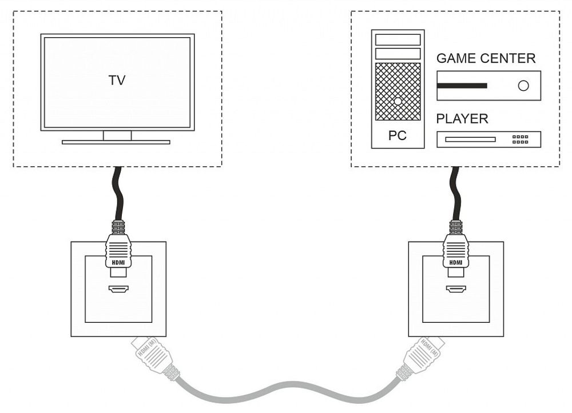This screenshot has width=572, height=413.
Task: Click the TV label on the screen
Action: [117, 81]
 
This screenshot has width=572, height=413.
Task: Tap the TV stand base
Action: [116, 142]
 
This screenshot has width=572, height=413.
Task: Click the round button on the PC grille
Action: [398, 101]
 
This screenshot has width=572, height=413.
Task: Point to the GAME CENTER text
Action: [486, 58]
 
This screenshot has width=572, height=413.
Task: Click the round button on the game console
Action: [523, 86]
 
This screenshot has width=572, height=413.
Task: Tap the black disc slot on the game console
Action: [462, 86]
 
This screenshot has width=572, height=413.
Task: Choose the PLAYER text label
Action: [462, 119]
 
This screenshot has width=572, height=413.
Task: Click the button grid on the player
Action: [520, 139]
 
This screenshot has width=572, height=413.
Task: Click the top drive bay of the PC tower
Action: [398, 40]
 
